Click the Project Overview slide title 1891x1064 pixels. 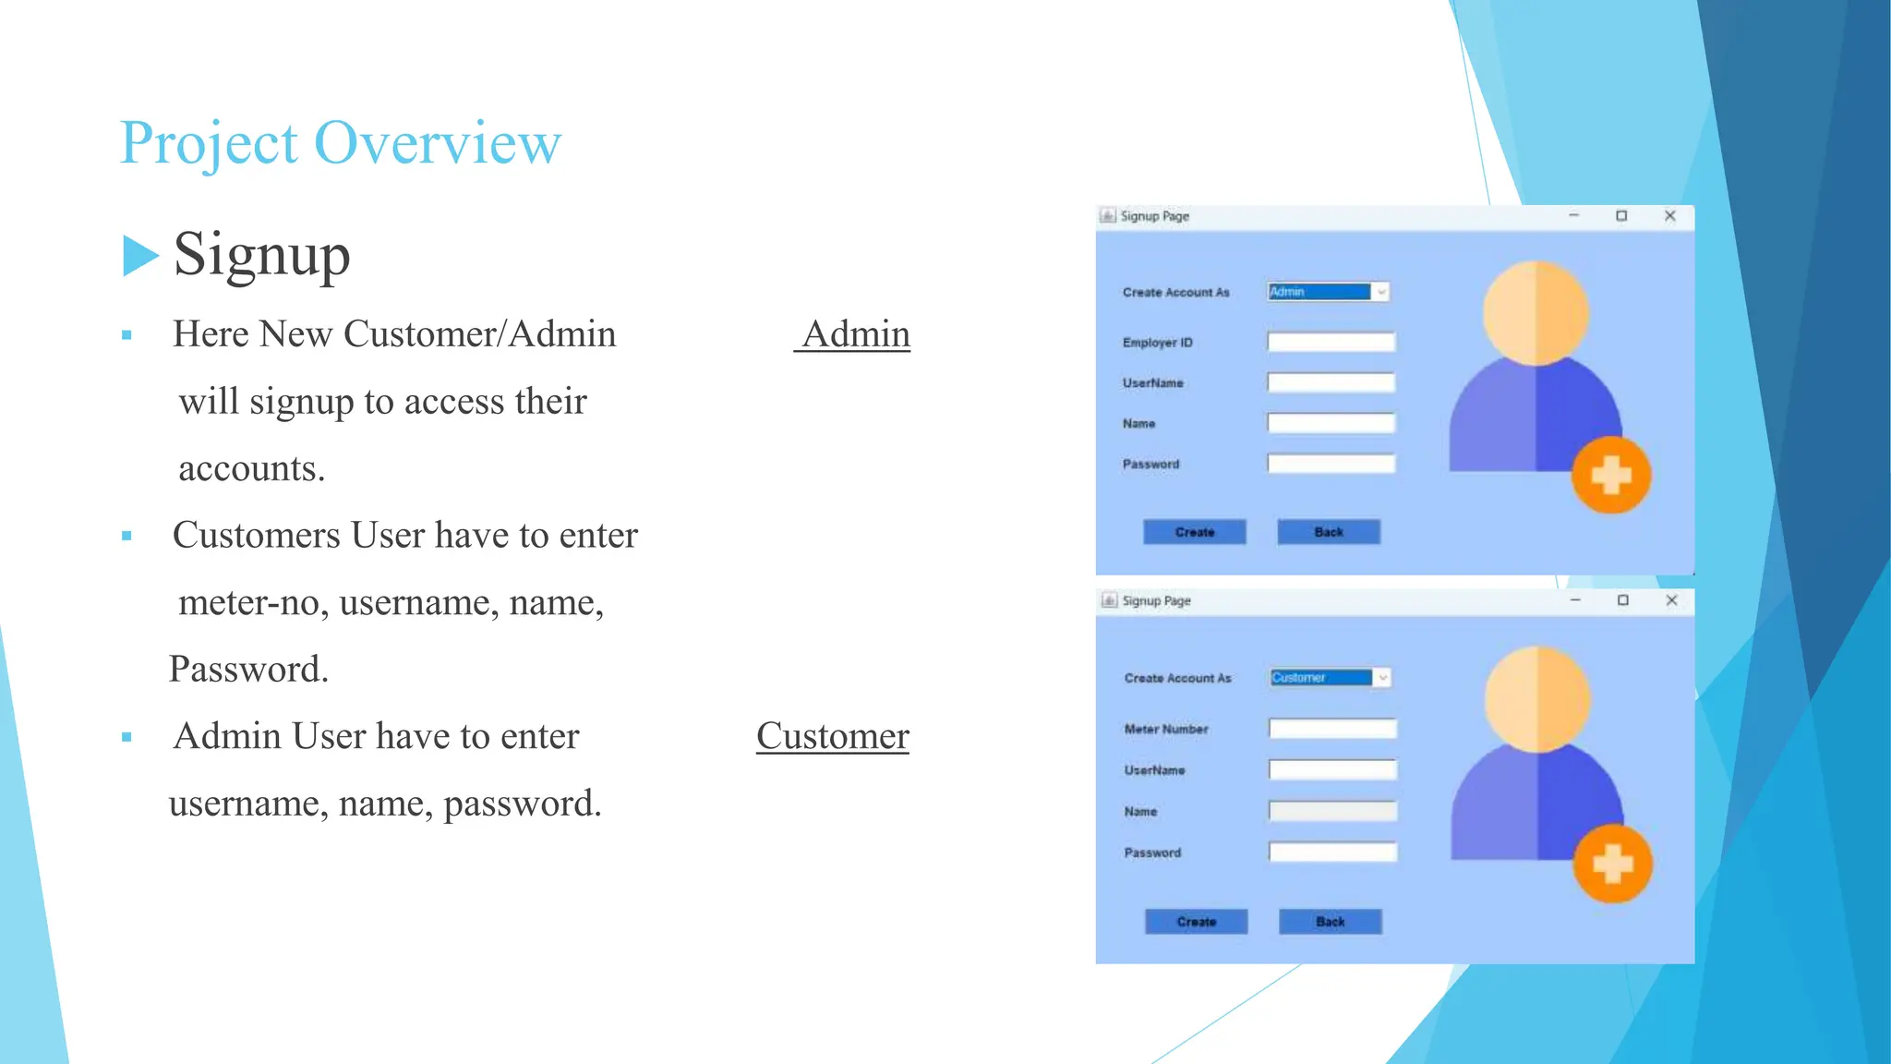point(340,143)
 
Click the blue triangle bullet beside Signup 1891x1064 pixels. point(139,256)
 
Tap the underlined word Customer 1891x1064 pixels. point(833,736)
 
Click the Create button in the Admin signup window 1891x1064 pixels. point(1194,532)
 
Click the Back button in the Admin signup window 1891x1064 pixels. point(1328,532)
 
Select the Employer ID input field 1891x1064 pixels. point(1331,343)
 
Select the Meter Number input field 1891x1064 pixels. point(1332,729)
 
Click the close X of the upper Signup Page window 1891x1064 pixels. point(1669,216)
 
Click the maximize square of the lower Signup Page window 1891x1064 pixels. point(1623,600)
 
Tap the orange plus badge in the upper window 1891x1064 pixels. point(1611,476)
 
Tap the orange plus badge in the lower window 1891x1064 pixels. point(1613,864)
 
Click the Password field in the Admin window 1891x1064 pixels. point(1331,464)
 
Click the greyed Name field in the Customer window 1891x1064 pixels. point(1332,811)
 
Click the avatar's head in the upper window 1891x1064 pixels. point(1536,312)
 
